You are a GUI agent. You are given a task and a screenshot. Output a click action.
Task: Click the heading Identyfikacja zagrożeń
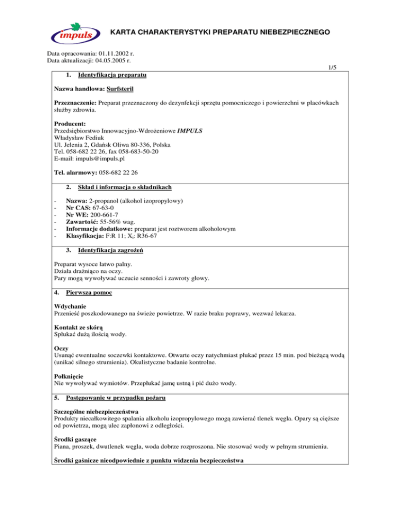pyautogui.click(x=110, y=250)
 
